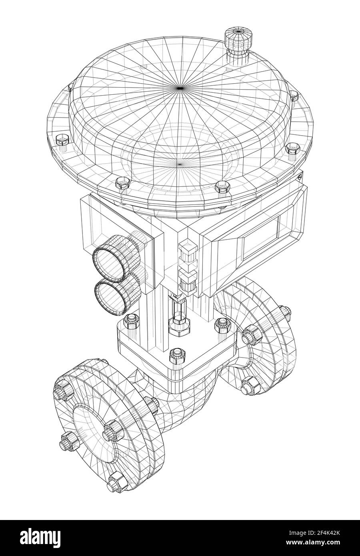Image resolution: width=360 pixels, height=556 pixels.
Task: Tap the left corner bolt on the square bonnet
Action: coord(131,320)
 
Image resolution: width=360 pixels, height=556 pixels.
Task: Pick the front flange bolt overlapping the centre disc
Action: coord(112,430)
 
